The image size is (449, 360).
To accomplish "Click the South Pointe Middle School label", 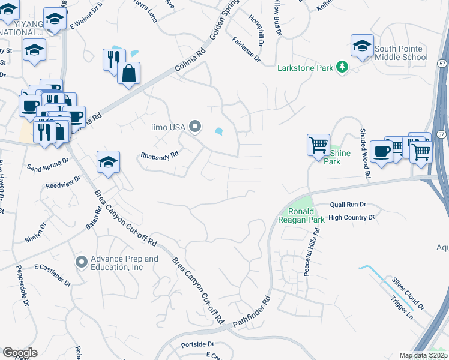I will click(401, 53).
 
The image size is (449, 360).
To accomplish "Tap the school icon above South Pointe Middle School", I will click(362, 46).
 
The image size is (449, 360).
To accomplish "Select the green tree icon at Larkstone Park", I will click(342, 67).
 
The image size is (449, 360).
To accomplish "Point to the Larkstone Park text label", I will click(305, 68).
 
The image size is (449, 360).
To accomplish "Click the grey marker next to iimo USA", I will click(194, 126).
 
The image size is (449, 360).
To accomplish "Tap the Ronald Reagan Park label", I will click(301, 215).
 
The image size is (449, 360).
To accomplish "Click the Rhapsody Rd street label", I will click(160, 154).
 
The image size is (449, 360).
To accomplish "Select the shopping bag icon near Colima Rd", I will click(130, 73).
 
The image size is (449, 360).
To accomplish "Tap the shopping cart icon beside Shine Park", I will click(318, 145).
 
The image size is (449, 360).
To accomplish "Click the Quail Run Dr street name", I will click(348, 205).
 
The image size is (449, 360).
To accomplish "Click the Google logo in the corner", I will click(20, 353).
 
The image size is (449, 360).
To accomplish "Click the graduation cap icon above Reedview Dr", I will click(109, 162).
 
